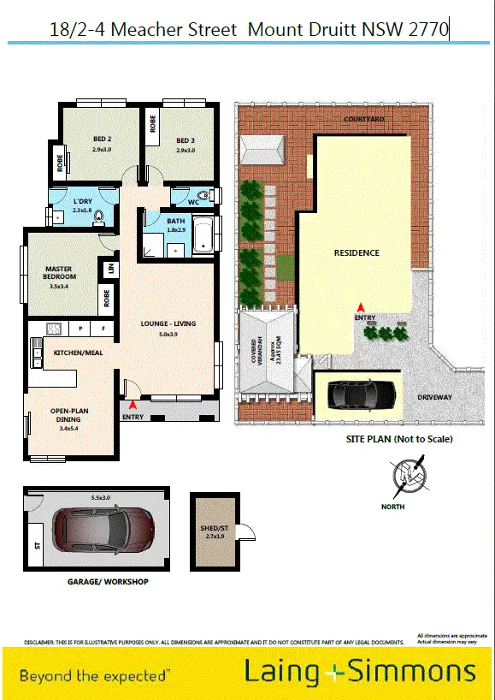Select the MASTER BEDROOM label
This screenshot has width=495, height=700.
pos(60,273)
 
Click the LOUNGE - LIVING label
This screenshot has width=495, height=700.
pos(168,323)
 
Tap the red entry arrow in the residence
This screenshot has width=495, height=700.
pos(360,306)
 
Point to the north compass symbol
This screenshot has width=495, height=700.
pos(405,476)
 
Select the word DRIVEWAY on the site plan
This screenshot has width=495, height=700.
pos(434,398)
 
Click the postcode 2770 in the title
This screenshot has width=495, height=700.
pos(429,30)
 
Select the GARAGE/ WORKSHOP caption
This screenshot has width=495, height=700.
pos(108,582)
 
